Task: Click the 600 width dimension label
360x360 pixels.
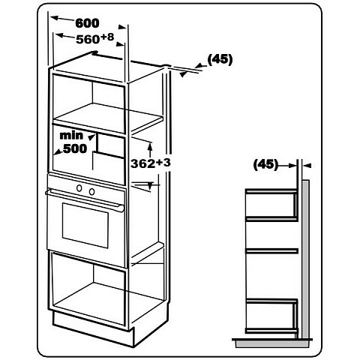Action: point(87,23)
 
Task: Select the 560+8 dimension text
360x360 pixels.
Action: point(95,38)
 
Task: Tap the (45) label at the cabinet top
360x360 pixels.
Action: point(220,59)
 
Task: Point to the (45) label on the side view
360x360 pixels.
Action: point(265,164)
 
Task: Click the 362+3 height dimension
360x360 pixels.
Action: point(151,163)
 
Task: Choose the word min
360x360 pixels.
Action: point(71,135)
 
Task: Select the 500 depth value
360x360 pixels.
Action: point(75,148)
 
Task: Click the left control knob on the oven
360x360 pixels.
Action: point(79,187)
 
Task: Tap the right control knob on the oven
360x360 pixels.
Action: point(92,191)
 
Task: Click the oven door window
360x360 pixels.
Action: point(85,225)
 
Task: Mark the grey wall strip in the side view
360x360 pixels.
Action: point(306,259)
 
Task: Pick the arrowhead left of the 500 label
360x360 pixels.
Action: point(59,151)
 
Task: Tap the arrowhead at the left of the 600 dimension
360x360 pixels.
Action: point(55,18)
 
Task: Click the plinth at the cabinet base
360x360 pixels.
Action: point(91,325)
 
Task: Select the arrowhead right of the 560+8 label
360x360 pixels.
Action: point(120,44)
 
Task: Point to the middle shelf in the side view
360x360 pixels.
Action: point(272,251)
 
